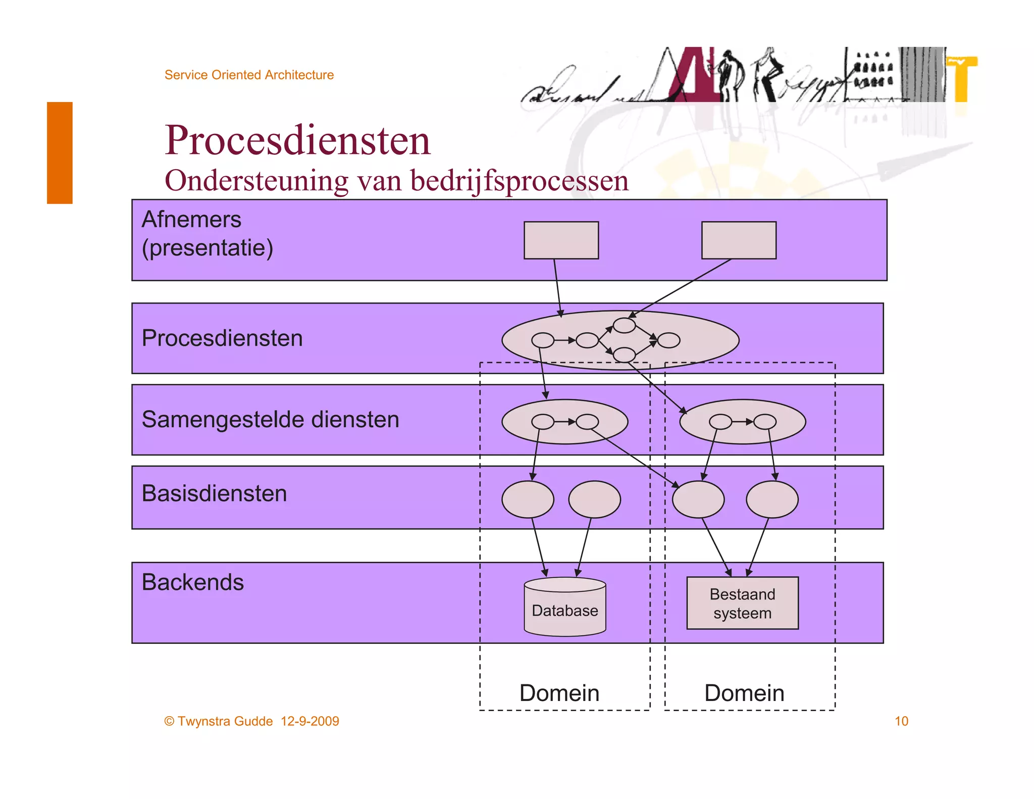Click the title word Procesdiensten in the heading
297,140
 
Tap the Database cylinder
564,608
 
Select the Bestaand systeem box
742,603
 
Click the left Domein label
559,693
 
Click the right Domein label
744,693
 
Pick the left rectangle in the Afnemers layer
561,240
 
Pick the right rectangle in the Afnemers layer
739,240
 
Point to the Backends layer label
192,582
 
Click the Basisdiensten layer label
214,493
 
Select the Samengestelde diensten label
270,420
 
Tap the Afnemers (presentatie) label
207,233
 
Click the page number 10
901,721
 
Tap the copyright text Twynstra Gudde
225,721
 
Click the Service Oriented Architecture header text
249,75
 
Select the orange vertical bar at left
60,153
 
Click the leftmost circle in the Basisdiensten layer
528,500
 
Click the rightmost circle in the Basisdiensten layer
772,500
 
